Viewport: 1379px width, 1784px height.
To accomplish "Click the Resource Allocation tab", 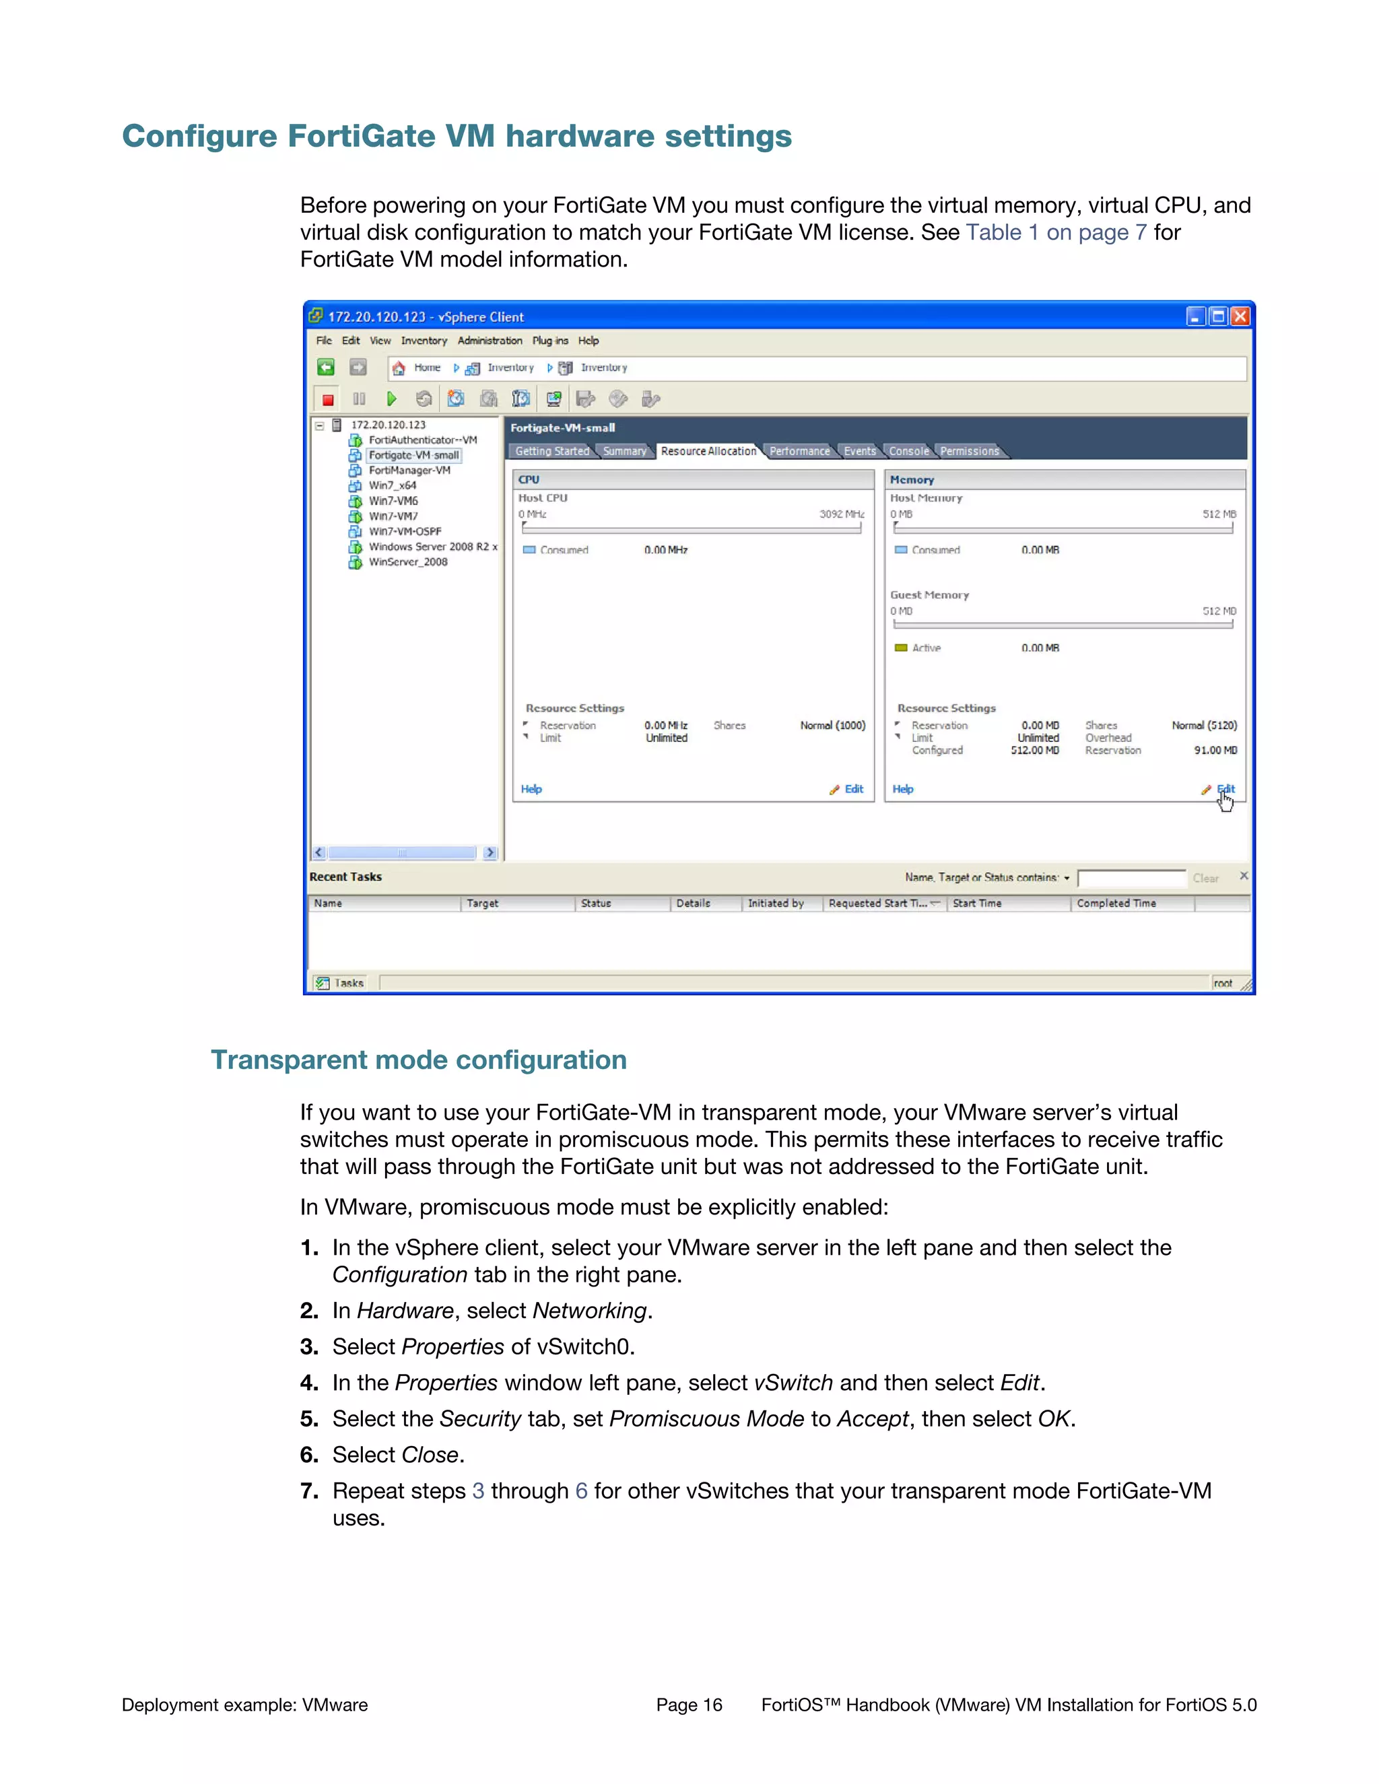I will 708,451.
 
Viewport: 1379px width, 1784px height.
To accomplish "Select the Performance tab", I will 799,451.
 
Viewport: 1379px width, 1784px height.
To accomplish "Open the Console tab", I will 908,451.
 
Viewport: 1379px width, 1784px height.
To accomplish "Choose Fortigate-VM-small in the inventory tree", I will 413,455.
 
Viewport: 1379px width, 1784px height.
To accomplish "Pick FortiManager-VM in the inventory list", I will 409,471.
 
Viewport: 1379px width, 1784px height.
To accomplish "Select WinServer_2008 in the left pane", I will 407,562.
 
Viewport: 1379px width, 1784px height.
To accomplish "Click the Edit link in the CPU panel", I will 854,789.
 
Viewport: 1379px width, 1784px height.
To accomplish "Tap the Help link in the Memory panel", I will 903,789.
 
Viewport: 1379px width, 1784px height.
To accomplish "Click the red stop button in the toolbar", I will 328,399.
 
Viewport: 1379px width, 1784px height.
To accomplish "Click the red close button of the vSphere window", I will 1240,316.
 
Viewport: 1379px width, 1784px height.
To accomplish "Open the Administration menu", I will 490,341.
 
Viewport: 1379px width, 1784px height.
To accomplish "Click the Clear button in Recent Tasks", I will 1205,878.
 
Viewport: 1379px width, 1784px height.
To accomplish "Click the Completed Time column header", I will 1116,903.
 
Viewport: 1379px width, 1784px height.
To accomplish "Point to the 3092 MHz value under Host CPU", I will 842,514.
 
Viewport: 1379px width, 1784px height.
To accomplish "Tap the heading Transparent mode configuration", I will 418,1060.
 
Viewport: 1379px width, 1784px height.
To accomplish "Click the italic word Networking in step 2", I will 589,1311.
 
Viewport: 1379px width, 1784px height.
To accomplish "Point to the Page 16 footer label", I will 689,1705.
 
